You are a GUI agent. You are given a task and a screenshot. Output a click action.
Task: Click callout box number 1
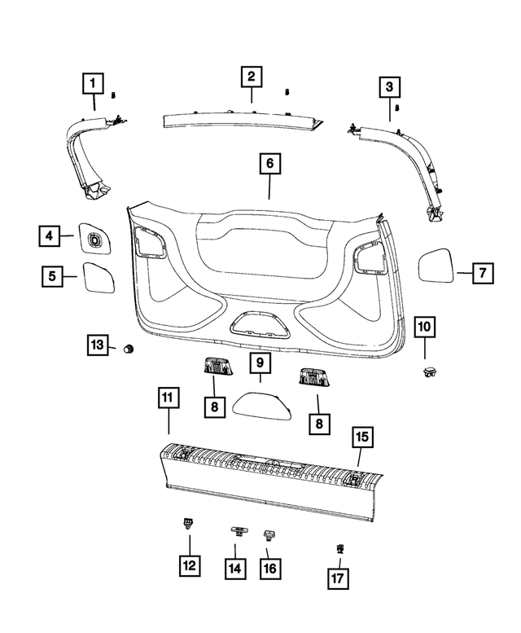click(94, 83)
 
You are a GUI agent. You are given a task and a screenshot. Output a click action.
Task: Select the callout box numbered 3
click(388, 86)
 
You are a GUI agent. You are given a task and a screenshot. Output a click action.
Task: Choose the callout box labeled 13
click(99, 345)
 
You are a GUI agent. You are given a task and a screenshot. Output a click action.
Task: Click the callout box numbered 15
click(362, 437)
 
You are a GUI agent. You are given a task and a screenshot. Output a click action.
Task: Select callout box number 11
click(167, 398)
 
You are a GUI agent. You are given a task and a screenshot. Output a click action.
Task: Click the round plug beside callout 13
click(127, 349)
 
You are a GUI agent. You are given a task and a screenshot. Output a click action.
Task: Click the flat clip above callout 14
click(239, 530)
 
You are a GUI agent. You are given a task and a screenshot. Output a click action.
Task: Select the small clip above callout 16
click(269, 534)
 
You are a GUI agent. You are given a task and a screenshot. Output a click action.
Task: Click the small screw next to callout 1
click(116, 95)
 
